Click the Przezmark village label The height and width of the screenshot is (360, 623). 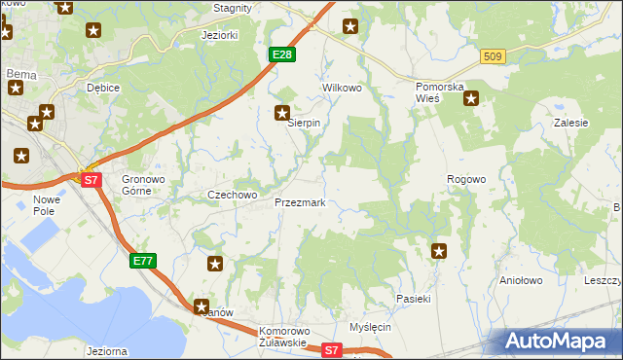coord(307,203)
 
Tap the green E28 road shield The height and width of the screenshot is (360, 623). coord(281,54)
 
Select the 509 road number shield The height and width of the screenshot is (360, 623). coord(493,57)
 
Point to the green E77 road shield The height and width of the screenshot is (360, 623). coord(142,260)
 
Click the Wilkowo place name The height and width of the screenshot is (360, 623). coord(342,88)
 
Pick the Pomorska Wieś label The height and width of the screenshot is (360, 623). coord(428,92)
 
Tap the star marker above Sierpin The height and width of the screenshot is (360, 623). coord(282,112)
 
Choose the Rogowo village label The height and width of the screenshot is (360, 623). coord(465,179)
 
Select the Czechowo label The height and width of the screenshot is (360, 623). coord(232,195)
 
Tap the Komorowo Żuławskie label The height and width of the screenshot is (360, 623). coord(283,337)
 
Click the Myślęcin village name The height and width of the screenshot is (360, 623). coord(370,327)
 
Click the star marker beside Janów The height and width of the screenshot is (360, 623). coord(202,306)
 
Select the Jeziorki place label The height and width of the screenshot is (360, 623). coord(219,35)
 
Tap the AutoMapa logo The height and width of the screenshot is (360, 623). coord(559,341)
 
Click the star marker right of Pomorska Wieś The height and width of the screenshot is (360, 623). coord(471,97)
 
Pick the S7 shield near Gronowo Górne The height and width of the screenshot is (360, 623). coord(90,180)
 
